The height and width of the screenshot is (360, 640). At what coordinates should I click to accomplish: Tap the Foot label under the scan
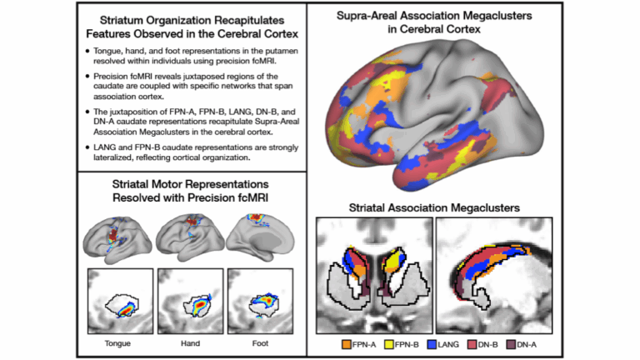(262, 342)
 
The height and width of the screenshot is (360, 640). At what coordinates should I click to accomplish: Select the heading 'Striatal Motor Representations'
(192, 183)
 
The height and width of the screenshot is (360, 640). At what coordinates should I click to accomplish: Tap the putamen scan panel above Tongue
(122, 300)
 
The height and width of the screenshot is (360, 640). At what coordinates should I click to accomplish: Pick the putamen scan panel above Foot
(262, 300)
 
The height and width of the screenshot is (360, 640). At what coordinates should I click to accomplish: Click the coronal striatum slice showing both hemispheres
(374, 276)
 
